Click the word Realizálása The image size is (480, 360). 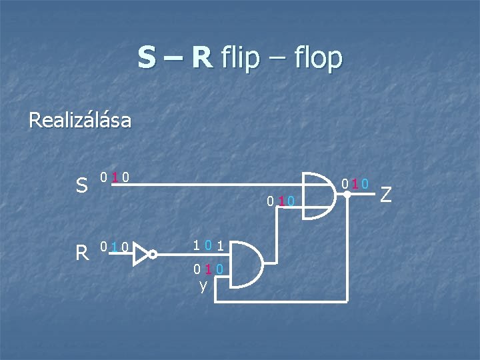point(80,121)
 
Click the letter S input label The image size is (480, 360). point(82,186)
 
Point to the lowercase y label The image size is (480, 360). point(203,286)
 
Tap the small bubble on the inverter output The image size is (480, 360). point(152,254)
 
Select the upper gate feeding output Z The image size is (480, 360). point(319,195)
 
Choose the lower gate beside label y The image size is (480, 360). point(241,264)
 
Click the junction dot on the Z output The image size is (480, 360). point(347,195)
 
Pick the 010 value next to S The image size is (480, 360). point(115,178)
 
